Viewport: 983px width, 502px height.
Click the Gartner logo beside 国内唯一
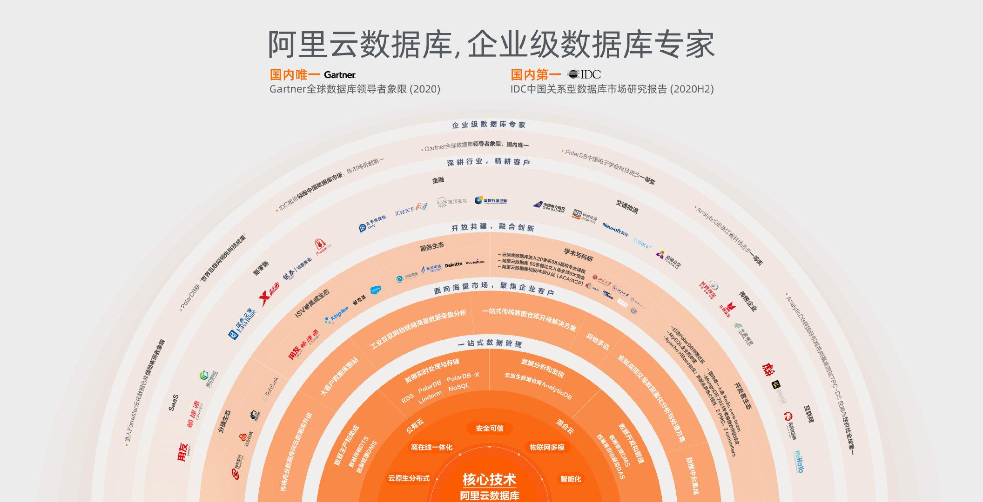(x=340, y=75)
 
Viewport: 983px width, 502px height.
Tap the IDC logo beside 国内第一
(x=584, y=74)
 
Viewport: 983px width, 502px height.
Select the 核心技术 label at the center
(x=489, y=479)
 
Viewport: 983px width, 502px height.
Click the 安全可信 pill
(x=489, y=428)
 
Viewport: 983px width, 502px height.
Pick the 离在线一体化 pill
(x=431, y=447)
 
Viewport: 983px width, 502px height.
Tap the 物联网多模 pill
(x=547, y=447)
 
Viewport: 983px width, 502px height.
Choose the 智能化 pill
(x=571, y=479)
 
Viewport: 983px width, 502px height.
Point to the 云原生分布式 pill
(x=409, y=478)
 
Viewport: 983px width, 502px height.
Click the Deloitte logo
(x=454, y=264)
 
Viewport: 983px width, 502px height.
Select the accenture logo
(x=475, y=262)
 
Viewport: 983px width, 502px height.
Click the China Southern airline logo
(x=549, y=206)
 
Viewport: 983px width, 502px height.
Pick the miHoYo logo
(x=798, y=461)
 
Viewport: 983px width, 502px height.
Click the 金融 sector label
(x=438, y=180)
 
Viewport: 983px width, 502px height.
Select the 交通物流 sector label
(x=627, y=206)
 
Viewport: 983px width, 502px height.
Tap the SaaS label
(x=174, y=403)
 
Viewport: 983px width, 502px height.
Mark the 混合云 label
(x=565, y=426)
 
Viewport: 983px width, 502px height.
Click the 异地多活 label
(x=597, y=342)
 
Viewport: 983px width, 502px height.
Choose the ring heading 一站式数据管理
(x=489, y=343)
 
